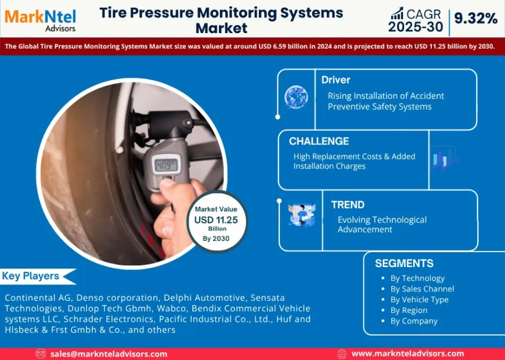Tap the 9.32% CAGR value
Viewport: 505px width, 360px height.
click(475, 19)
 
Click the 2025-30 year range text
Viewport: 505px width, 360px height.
click(416, 27)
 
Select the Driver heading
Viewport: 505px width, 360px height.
click(336, 80)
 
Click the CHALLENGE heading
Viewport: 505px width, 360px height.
click(319, 141)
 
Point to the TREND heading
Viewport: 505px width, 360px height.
click(348, 204)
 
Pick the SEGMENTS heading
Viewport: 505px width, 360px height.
click(404, 263)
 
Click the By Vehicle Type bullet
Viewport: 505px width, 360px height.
click(419, 300)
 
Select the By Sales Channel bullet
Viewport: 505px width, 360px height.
click(422, 289)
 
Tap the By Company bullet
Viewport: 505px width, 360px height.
click(414, 321)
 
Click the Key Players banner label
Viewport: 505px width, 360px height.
click(30, 276)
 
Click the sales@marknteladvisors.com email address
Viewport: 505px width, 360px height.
click(109, 354)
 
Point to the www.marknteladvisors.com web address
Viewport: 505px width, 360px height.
click(407, 354)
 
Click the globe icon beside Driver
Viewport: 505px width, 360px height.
click(296, 97)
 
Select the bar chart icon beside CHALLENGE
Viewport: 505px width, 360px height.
click(444, 159)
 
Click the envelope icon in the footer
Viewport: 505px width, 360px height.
click(41, 354)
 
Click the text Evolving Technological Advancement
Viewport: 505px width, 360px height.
click(382, 224)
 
